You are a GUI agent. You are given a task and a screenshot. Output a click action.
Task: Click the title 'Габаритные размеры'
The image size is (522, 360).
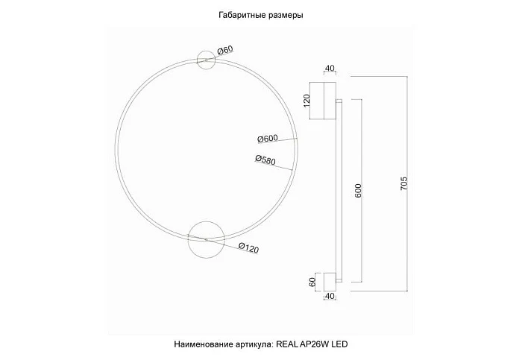point(261,14)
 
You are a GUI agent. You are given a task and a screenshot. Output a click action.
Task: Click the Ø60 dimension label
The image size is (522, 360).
point(225,51)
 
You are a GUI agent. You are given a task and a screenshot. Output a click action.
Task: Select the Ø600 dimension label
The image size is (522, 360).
point(267,138)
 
